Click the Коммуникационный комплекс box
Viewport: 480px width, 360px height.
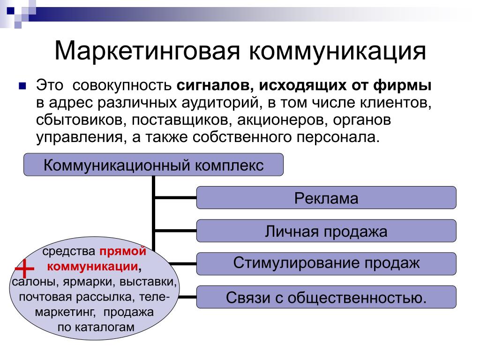click(154, 165)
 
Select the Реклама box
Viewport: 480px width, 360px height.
click(326, 198)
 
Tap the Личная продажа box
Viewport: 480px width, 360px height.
click(326, 231)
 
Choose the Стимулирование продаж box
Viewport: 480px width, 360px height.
click(326, 263)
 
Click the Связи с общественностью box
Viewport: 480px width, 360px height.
click(326, 297)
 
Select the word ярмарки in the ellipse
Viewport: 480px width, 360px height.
click(92, 283)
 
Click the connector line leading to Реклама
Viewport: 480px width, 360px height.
click(175, 197)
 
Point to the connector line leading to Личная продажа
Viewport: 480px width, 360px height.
click(175, 231)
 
